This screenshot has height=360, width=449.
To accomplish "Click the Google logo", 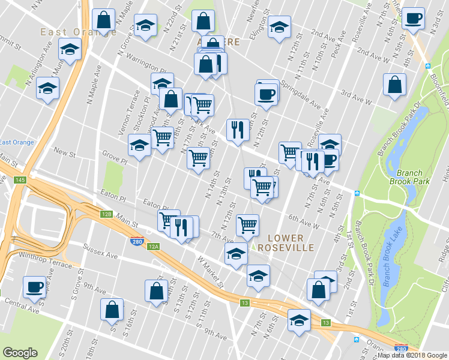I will pyautogui.click(x=20, y=353).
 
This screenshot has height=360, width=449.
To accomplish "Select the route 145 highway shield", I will pyautogui.click(x=22, y=180).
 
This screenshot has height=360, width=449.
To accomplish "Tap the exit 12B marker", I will pyautogui.click(x=106, y=214).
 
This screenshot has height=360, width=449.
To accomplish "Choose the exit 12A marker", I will pyautogui.click(x=153, y=246).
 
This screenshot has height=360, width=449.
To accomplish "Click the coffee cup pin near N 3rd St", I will pyautogui.click(x=413, y=18).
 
